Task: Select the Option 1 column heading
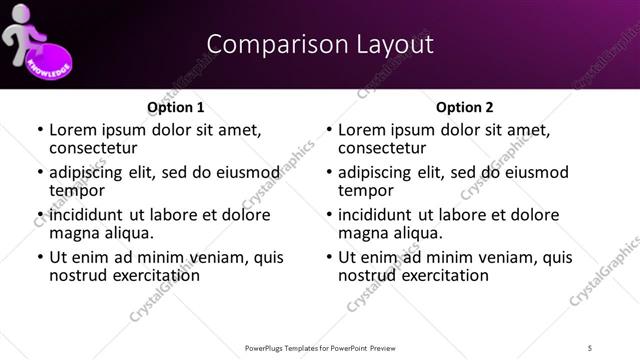pos(175,107)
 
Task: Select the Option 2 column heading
pos(464,107)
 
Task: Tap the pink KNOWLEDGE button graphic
pos(46,59)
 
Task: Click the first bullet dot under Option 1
pos(39,131)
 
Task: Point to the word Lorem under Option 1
pos(73,130)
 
